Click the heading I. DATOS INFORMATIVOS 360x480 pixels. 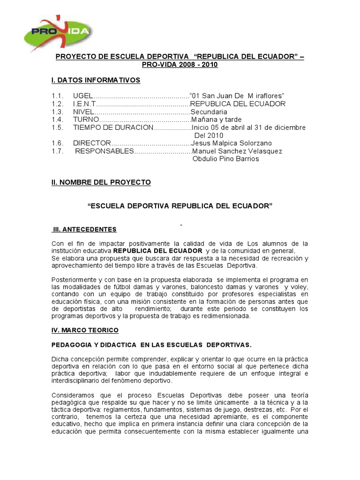click(x=96, y=80)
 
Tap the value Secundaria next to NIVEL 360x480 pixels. click(x=209, y=112)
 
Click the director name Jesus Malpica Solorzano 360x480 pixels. click(x=232, y=143)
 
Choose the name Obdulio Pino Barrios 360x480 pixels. click(x=225, y=159)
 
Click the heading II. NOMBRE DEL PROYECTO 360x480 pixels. click(x=101, y=182)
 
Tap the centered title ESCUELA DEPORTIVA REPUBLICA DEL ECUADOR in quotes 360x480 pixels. click(x=180, y=206)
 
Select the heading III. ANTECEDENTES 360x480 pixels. click(x=85, y=229)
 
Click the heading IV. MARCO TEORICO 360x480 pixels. click(x=85, y=330)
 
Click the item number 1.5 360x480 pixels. click(x=57, y=127)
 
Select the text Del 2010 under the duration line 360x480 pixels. click(x=207, y=135)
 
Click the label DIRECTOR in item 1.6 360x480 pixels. click(x=92, y=143)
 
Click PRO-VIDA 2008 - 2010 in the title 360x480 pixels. click(x=180, y=65)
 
